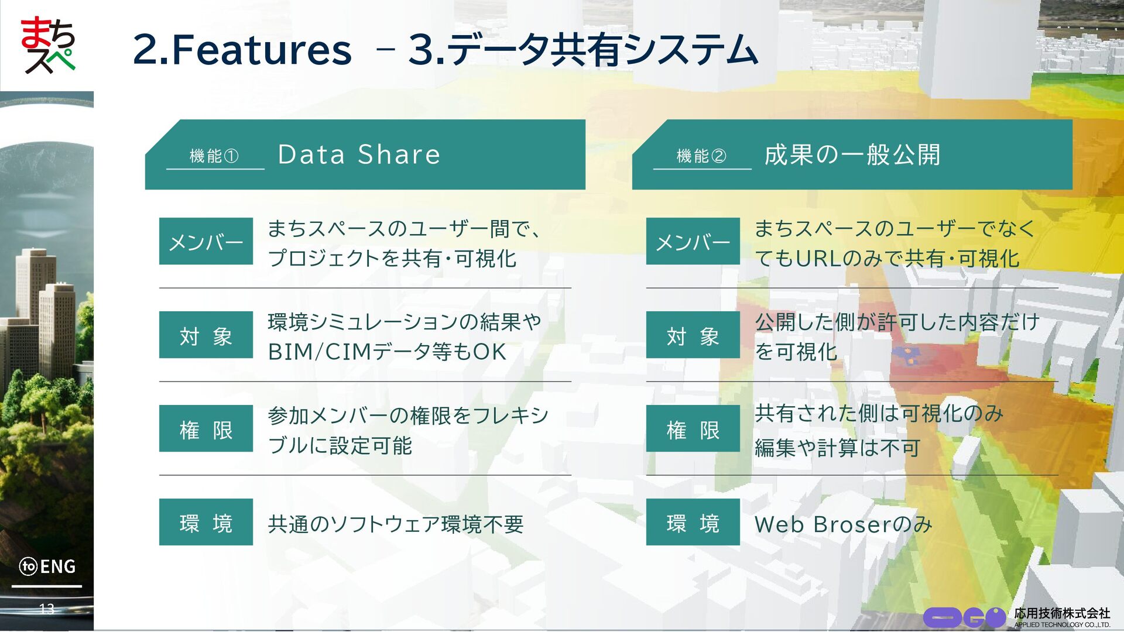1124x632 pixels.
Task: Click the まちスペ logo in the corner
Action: click(x=48, y=45)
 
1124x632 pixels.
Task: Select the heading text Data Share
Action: click(x=358, y=154)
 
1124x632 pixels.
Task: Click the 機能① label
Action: click(x=214, y=156)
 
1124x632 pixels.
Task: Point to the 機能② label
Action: click(x=701, y=156)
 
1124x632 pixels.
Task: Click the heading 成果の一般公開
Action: click(x=852, y=154)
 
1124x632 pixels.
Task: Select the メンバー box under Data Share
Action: click(x=206, y=241)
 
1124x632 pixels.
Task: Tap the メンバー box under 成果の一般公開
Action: click(x=693, y=241)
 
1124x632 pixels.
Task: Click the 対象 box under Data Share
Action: click(x=206, y=335)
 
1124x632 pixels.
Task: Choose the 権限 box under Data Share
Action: click(x=206, y=428)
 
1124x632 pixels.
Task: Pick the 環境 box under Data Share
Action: click(x=206, y=522)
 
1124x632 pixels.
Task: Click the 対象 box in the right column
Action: click(x=693, y=335)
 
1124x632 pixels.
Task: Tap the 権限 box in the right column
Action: click(x=693, y=428)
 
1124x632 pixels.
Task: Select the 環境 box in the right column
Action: click(x=693, y=522)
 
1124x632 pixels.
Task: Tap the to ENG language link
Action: click(x=47, y=566)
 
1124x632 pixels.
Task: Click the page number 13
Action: click(x=47, y=609)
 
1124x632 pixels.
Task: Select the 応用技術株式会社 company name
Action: click(x=1062, y=613)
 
